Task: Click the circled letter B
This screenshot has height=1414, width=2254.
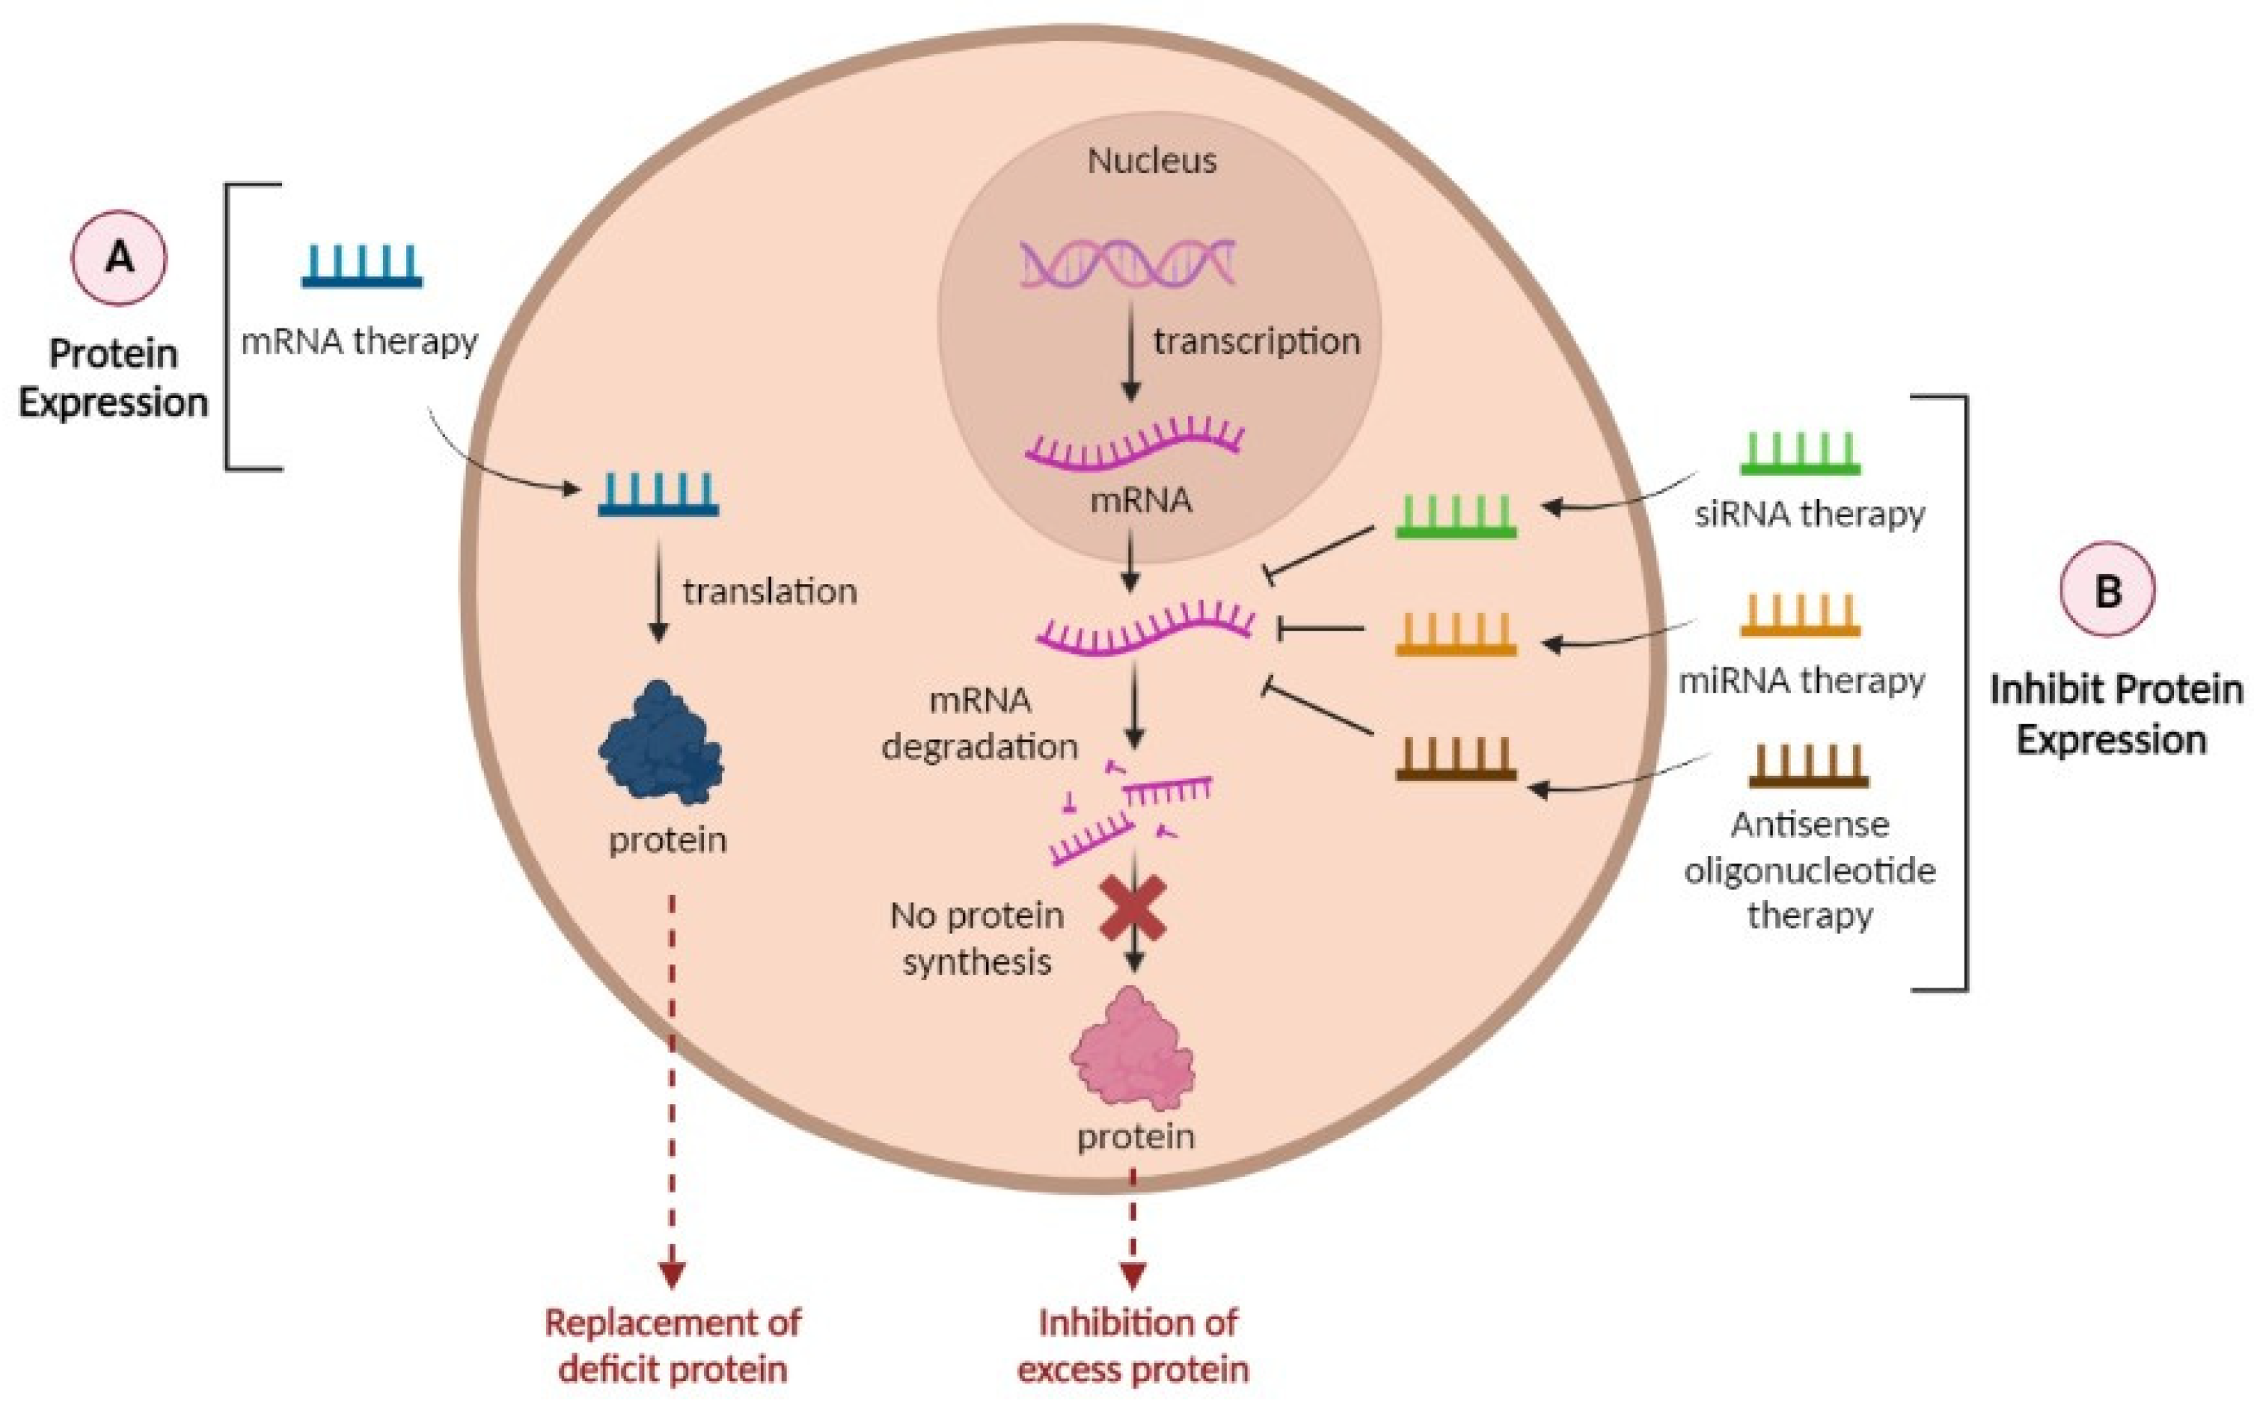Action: point(2107,590)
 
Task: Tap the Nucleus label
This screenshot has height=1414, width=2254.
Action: point(1152,161)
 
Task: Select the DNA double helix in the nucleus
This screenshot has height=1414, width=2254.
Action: point(1127,263)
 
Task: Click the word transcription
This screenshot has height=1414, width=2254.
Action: point(1255,341)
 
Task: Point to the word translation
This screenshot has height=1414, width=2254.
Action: point(769,592)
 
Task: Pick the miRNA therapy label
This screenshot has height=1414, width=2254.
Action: point(1801,680)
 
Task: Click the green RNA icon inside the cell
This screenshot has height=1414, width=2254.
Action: point(1456,517)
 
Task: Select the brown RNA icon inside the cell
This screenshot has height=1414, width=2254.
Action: point(1456,759)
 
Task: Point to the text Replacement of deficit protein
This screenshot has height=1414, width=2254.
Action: point(673,1346)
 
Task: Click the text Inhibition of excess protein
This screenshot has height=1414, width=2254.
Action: point(1133,1346)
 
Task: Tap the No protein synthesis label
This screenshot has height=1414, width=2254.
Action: point(977,938)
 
